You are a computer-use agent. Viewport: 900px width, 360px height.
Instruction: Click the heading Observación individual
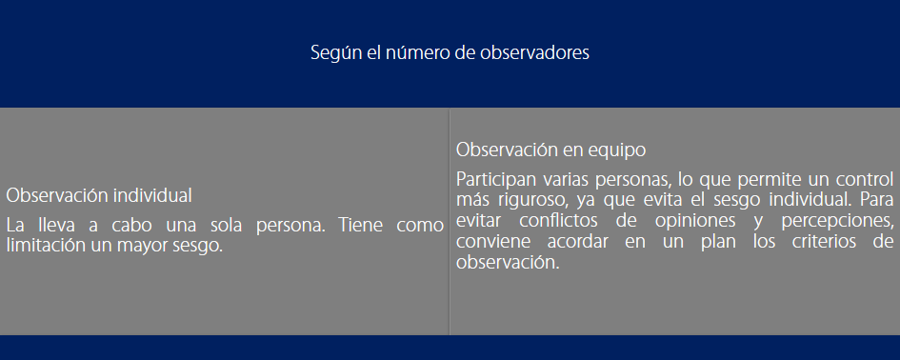click(99, 195)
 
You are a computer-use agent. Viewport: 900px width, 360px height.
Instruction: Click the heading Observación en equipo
click(551, 150)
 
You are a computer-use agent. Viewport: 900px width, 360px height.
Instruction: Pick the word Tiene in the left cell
click(360, 225)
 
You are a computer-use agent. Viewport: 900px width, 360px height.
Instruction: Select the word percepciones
click(837, 222)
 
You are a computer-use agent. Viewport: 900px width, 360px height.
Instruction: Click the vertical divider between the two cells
click(450, 222)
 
